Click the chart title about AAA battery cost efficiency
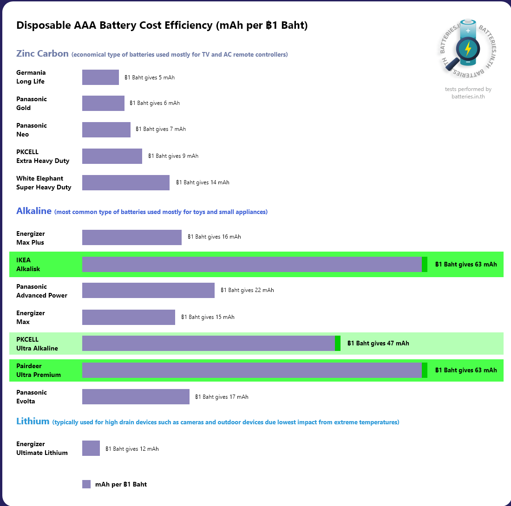pos(162,26)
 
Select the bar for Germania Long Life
pos(100,78)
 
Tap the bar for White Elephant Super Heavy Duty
pos(126,183)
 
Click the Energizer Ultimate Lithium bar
pos(91,448)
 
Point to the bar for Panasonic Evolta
pos(136,397)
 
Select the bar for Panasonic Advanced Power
pos(148,291)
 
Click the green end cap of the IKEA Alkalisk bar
pos(425,265)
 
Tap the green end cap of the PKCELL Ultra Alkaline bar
pos(338,344)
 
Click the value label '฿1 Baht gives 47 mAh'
pos(378,344)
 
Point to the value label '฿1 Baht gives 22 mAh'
pos(247,291)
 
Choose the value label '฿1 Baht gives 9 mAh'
pos(173,156)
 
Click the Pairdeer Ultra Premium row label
pos(39,370)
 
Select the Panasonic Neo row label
pos(32,130)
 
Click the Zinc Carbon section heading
pos(42,53)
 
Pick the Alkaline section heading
pos(34,211)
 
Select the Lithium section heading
pos(33,422)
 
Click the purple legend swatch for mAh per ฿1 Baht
pos(86,484)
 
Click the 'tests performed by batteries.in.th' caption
pos(468,93)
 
